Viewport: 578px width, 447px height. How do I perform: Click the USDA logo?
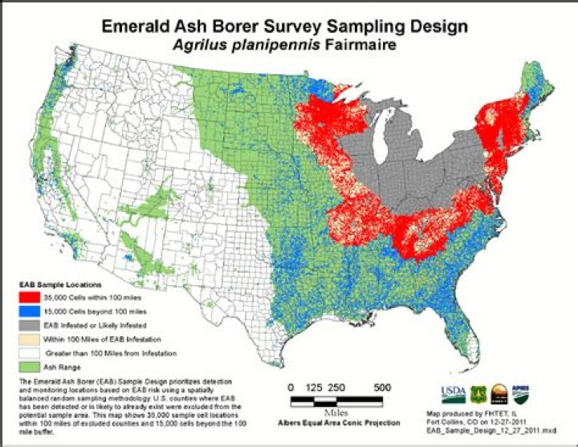point(451,393)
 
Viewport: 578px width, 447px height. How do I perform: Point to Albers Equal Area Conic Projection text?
point(338,421)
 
